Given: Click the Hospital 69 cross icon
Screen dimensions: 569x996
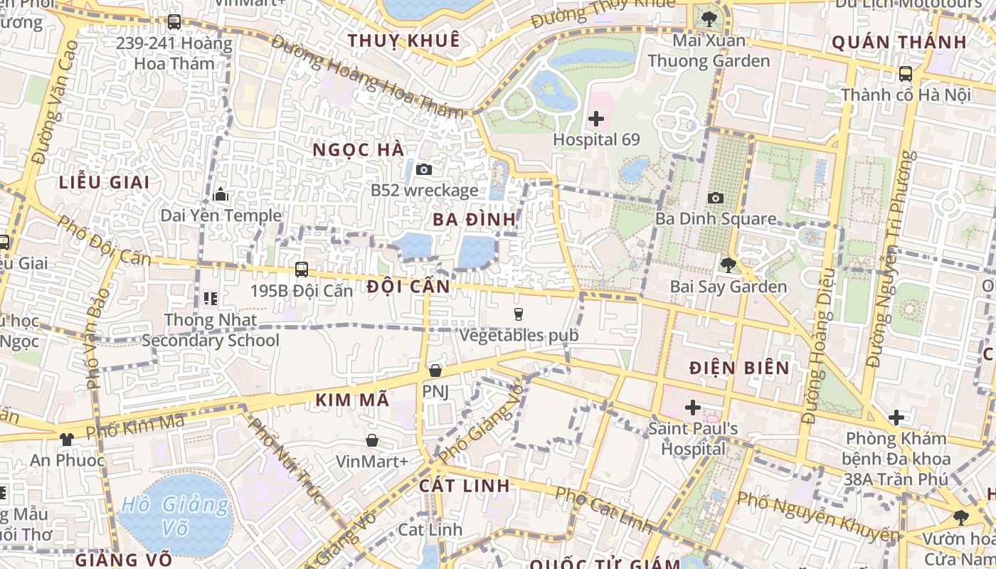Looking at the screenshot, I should click(x=596, y=119).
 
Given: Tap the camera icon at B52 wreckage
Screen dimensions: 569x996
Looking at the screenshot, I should click(x=424, y=169).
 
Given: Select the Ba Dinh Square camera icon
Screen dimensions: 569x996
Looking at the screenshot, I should click(x=716, y=198).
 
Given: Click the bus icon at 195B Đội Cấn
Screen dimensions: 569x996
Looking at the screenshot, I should click(x=302, y=270).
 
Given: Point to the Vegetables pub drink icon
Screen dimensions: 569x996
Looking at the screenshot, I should click(x=519, y=314).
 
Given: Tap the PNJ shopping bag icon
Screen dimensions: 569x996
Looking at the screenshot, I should click(x=435, y=371).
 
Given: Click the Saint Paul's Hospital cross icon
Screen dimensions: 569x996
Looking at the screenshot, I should click(x=692, y=408).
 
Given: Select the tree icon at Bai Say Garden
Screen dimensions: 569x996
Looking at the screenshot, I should click(x=728, y=265).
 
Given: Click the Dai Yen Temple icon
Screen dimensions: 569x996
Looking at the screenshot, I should click(x=221, y=194).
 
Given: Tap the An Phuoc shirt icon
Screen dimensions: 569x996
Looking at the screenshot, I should click(x=67, y=439).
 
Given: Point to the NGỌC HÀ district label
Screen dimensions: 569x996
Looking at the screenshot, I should click(x=359, y=149).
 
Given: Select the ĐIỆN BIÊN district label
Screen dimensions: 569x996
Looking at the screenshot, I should click(x=740, y=368).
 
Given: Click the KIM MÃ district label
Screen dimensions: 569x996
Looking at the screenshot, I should click(x=353, y=400).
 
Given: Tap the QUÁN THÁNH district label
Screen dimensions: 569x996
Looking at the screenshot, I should click(x=899, y=42).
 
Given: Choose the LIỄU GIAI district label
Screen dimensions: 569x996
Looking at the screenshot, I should click(x=105, y=182).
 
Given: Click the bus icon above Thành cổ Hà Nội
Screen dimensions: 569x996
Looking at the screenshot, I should click(x=906, y=73).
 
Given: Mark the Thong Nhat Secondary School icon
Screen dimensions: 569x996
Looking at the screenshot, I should click(x=210, y=298).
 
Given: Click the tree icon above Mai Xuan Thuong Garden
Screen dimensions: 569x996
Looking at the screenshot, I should click(x=709, y=18).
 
